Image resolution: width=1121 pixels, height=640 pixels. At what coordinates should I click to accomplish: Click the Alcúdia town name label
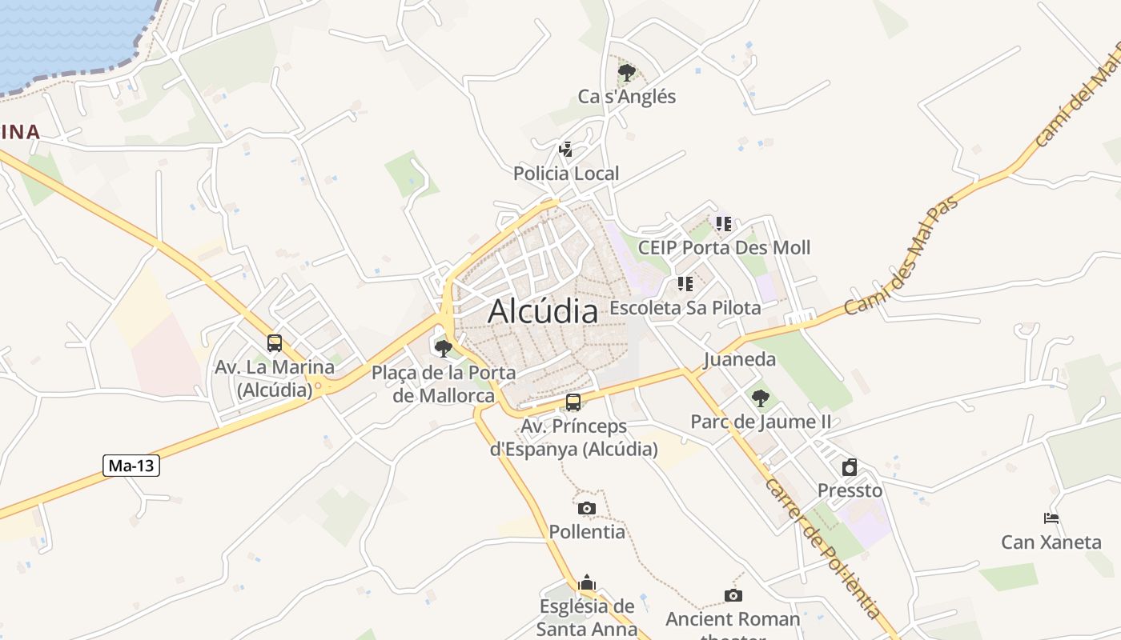tap(543, 310)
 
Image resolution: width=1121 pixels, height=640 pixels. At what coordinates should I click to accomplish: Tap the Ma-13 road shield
tap(131, 465)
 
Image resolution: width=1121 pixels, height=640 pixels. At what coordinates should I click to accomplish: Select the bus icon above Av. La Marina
tap(275, 343)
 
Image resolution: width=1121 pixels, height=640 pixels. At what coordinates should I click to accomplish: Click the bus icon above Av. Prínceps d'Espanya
tap(573, 402)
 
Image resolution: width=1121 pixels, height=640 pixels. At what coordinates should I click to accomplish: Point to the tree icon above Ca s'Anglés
tap(627, 73)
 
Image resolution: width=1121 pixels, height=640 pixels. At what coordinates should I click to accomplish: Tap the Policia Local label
tap(566, 173)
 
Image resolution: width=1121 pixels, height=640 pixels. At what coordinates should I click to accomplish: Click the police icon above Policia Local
tap(566, 149)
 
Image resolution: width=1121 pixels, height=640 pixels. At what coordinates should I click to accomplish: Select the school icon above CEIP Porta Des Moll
tap(724, 223)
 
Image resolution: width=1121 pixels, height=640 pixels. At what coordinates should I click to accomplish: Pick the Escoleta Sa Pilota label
tap(685, 307)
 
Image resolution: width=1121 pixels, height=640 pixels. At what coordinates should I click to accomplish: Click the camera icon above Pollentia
tap(587, 508)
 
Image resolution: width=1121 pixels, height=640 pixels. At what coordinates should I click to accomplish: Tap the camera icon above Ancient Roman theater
tap(733, 595)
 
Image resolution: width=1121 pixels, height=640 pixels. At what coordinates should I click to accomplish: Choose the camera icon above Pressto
tap(850, 467)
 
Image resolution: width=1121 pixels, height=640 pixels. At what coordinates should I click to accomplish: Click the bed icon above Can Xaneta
tap(1051, 518)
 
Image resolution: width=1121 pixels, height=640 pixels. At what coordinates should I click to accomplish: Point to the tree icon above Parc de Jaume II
tap(760, 398)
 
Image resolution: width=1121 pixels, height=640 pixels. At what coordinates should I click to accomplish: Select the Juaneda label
tap(740, 359)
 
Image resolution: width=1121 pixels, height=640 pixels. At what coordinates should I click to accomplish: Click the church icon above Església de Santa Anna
tap(587, 582)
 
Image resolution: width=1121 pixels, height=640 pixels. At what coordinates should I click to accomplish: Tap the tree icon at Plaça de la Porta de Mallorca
tap(443, 348)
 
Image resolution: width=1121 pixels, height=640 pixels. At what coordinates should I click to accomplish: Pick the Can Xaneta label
tap(1051, 542)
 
